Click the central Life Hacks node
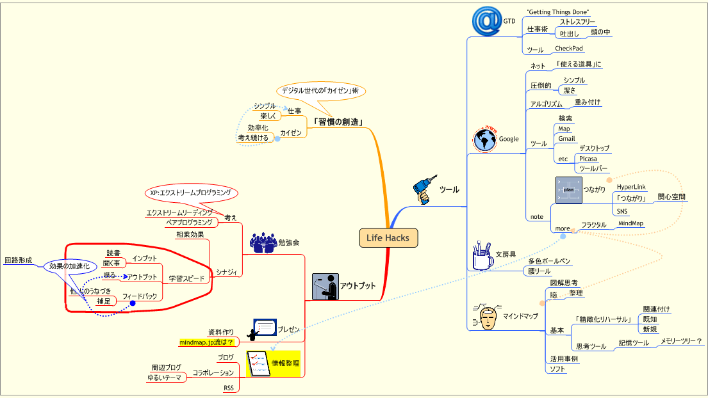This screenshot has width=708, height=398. pyautogui.click(x=388, y=238)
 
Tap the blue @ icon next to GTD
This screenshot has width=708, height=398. pyautogui.click(x=486, y=20)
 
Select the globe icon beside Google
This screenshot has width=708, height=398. pyautogui.click(x=485, y=138)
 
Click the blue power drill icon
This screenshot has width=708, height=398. pyautogui.click(x=423, y=190)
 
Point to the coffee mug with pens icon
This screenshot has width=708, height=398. pyautogui.click(x=481, y=255)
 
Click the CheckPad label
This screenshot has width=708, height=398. pyautogui.click(x=568, y=49)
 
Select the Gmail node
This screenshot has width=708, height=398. pyautogui.click(x=566, y=138)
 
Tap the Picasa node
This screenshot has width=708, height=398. pyautogui.click(x=588, y=159)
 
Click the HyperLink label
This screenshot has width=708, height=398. pyautogui.click(x=630, y=187)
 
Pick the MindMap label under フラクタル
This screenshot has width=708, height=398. pyautogui.click(x=630, y=223)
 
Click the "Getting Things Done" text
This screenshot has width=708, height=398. pyautogui.click(x=557, y=12)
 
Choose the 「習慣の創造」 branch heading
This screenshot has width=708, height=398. pyautogui.click(x=338, y=122)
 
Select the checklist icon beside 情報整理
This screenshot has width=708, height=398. pyautogui.click(x=258, y=363)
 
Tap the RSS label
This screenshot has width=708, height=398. pyautogui.click(x=229, y=388)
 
